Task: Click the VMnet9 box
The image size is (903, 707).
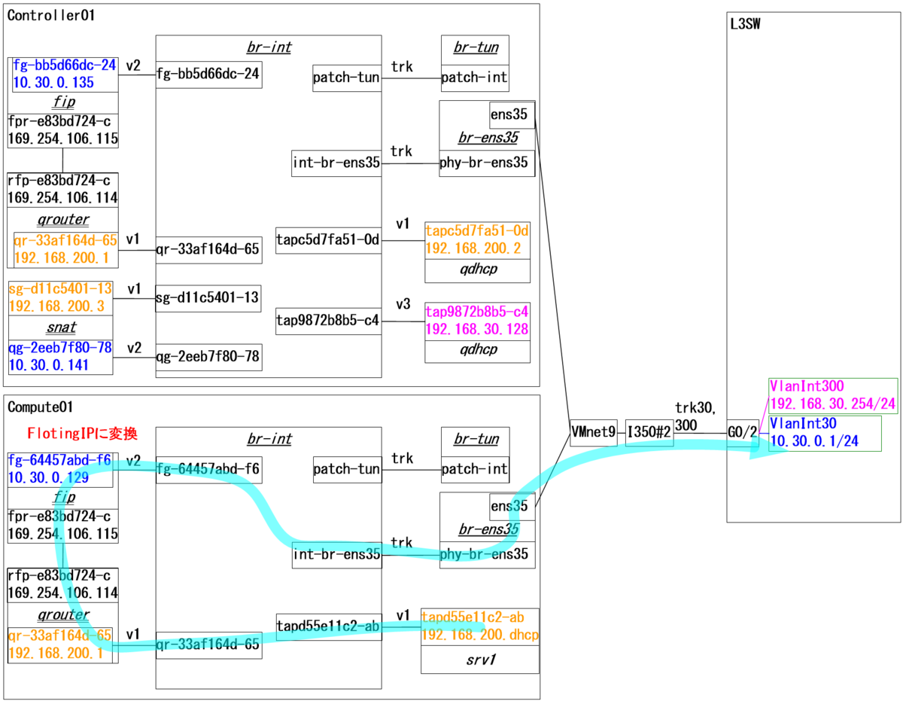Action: (593, 432)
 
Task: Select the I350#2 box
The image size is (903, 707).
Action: (649, 432)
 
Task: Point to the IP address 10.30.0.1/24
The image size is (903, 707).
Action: (813, 441)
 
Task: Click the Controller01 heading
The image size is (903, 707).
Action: (51, 14)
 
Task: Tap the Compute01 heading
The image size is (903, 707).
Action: (40, 407)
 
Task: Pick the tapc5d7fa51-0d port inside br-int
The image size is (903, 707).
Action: (328, 240)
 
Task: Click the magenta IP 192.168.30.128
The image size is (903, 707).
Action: (476, 329)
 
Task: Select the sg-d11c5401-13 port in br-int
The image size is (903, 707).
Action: (208, 298)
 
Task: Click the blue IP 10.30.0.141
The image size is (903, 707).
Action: (48, 364)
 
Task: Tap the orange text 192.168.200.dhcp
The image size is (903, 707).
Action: (479, 635)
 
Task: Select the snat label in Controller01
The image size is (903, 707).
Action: (60, 328)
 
